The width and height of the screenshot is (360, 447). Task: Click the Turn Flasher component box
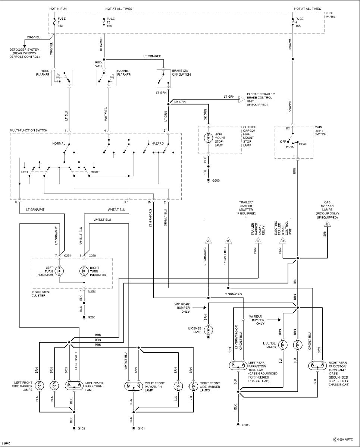[x=61, y=78]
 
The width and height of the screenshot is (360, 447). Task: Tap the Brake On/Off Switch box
[x=163, y=78]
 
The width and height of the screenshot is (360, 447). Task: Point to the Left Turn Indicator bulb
[x=60, y=271]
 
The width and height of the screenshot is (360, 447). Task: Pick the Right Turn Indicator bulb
[x=84, y=271]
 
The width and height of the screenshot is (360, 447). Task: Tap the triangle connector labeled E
[x=328, y=224]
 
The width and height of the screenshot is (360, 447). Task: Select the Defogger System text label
[x=25, y=53]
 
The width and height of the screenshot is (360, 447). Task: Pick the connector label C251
[x=68, y=256]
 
